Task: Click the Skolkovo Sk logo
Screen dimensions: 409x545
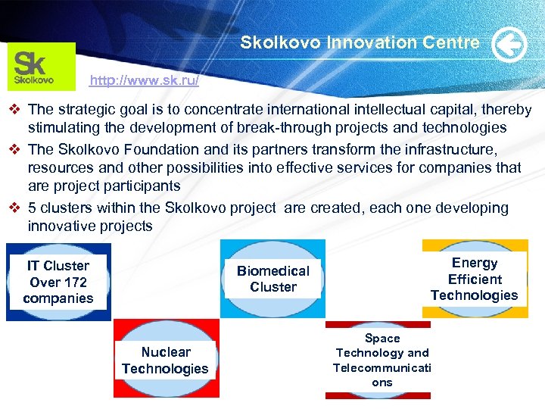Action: pyautogui.click(x=42, y=66)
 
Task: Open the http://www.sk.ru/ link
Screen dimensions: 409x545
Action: pyautogui.click(x=144, y=80)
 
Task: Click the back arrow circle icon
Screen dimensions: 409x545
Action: pyautogui.click(x=509, y=45)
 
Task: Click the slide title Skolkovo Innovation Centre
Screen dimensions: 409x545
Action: pyautogui.click(x=360, y=43)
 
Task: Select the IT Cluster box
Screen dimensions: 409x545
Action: pyautogui.click(x=58, y=282)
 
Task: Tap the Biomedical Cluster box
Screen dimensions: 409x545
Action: pyautogui.click(x=273, y=279)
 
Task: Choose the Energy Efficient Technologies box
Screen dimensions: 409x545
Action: pyautogui.click(x=474, y=279)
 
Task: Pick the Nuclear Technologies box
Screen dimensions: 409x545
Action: pyautogui.click(x=165, y=361)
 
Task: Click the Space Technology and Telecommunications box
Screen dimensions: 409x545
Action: pyautogui.click(x=381, y=361)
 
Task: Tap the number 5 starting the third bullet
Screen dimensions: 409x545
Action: pyautogui.click(x=32, y=208)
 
